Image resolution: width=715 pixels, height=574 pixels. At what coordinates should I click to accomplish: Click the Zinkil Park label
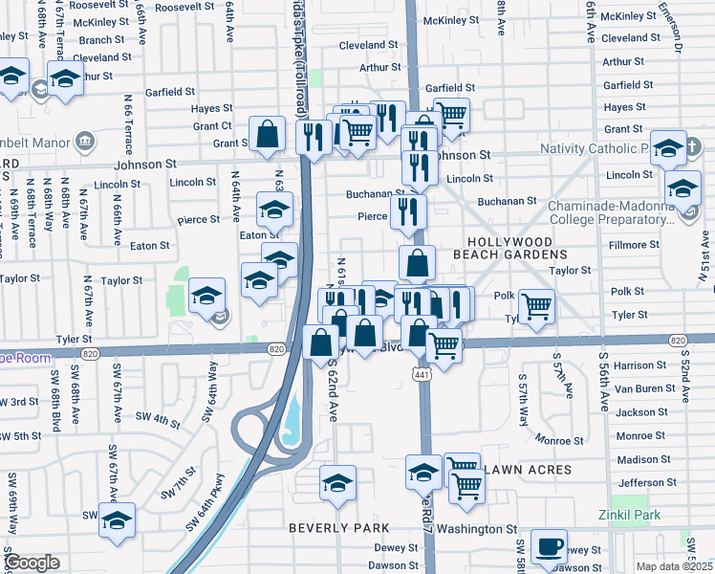[634, 515]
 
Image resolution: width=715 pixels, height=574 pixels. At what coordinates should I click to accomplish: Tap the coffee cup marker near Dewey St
[549, 546]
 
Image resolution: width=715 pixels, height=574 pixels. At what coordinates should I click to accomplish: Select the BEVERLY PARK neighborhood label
[339, 528]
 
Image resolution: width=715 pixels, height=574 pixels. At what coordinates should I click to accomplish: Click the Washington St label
[483, 528]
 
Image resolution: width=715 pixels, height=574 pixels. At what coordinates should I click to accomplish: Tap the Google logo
[32, 563]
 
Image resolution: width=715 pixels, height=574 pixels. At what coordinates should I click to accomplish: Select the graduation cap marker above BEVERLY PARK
[336, 483]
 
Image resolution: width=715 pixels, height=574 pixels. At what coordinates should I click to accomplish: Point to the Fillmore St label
[634, 245]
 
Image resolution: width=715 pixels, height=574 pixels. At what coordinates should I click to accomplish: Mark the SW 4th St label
[158, 418]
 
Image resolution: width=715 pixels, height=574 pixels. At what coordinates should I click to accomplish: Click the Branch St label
[96, 40]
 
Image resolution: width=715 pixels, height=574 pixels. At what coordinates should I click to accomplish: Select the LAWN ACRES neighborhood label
[528, 470]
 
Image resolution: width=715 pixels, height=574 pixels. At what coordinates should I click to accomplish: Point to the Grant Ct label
[212, 125]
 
